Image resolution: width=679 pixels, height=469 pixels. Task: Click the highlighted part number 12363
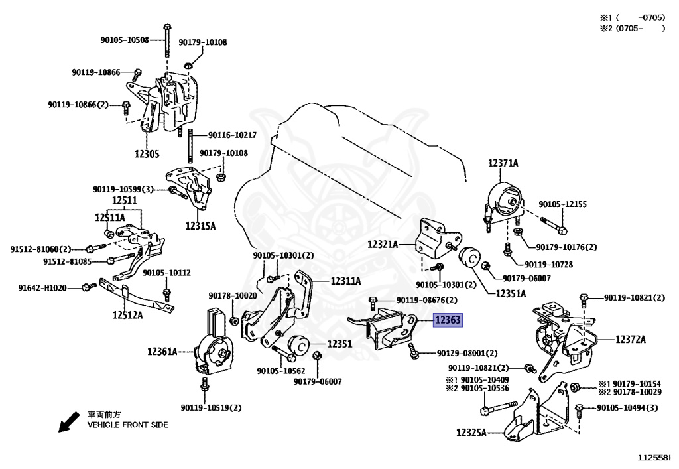click(448, 320)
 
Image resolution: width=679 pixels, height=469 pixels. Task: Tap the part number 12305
click(147, 154)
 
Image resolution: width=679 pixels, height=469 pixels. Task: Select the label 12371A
click(503, 163)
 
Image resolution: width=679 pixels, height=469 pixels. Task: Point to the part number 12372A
click(630, 340)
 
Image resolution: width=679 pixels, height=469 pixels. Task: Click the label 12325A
click(471, 433)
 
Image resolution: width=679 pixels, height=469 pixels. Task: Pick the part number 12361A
click(162, 351)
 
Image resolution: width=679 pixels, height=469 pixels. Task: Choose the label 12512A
click(127, 315)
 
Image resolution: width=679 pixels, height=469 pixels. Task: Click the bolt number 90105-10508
click(125, 40)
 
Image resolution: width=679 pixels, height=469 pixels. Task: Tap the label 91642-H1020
click(42, 287)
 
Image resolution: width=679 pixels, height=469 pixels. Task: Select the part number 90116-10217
click(232, 135)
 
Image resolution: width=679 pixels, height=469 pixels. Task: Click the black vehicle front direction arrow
click(69, 422)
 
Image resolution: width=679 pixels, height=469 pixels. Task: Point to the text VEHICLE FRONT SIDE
click(128, 425)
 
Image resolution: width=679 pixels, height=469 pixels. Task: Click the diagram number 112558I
click(653, 457)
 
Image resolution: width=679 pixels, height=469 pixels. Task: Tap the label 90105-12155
click(562, 204)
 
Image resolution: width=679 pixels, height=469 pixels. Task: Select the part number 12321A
click(383, 245)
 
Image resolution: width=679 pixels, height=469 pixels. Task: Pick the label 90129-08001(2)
click(467, 354)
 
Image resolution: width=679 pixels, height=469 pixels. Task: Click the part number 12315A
click(200, 226)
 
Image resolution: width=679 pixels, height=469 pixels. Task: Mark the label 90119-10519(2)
click(211, 407)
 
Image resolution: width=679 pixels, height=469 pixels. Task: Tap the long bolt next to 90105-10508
click(166, 40)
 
